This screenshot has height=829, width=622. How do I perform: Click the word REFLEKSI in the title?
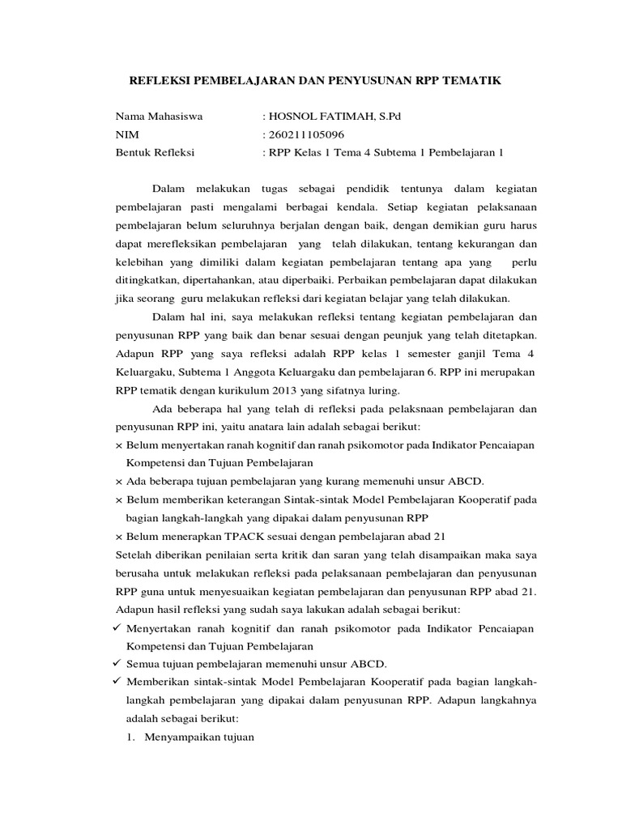[x=165, y=81]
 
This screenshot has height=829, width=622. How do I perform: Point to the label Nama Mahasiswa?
[x=159, y=117]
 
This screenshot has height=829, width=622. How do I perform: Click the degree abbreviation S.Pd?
[x=387, y=117]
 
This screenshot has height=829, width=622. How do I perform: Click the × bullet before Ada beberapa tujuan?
[x=119, y=481]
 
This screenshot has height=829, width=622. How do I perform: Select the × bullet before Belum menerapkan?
[x=119, y=536]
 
